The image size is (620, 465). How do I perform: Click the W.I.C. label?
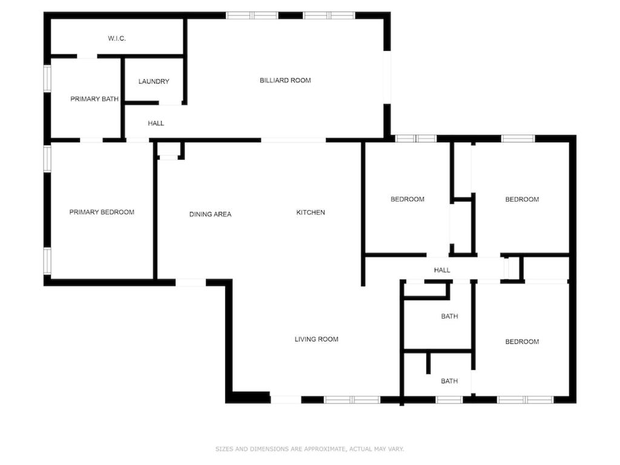pyautogui.click(x=117, y=38)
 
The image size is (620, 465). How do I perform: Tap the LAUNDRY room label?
pyautogui.click(x=154, y=82)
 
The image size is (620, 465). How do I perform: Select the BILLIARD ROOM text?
pyautogui.click(x=285, y=81)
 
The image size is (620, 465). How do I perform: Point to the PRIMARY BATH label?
pyautogui.click(x=94, y=99)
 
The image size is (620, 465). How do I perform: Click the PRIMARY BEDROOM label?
pyautogui.click(x=102, y=213)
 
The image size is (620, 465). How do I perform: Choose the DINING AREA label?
pyautogui.click(x=210, y=214)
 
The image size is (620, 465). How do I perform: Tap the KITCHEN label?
pyautogui.click(x=311, y=213)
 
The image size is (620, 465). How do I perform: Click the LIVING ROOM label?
pyautogui.click(x=316, y=339)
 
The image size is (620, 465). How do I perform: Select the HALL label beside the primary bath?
pyautogui.click(x=156, y=124)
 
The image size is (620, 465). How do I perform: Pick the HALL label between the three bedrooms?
pyautogui.click(x=442, y=270)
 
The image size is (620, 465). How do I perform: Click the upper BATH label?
pyautogui.click(x=450, y=316)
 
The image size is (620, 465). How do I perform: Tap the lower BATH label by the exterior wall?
pyautogui.click(x=450, y=381)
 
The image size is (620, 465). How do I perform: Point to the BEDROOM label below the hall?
pyautogui.click(x=522, y=341)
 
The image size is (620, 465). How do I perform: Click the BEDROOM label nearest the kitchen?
pyautogui.click(x=407, y=199)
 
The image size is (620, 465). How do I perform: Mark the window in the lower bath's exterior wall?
pyautogui.click(x=449, y=400)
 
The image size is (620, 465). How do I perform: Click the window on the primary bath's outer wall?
pyautogui.click(x=47, y=78)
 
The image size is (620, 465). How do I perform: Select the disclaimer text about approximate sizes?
pyautogui.click(x=309, y=449)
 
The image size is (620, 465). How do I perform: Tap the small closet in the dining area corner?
pyautogui.click(x=169, y=150)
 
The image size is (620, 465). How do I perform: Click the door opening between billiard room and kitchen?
pyautogui.click(x=294, y=140)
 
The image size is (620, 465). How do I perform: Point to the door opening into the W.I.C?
pyautogui.click(x=87, y=56)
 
